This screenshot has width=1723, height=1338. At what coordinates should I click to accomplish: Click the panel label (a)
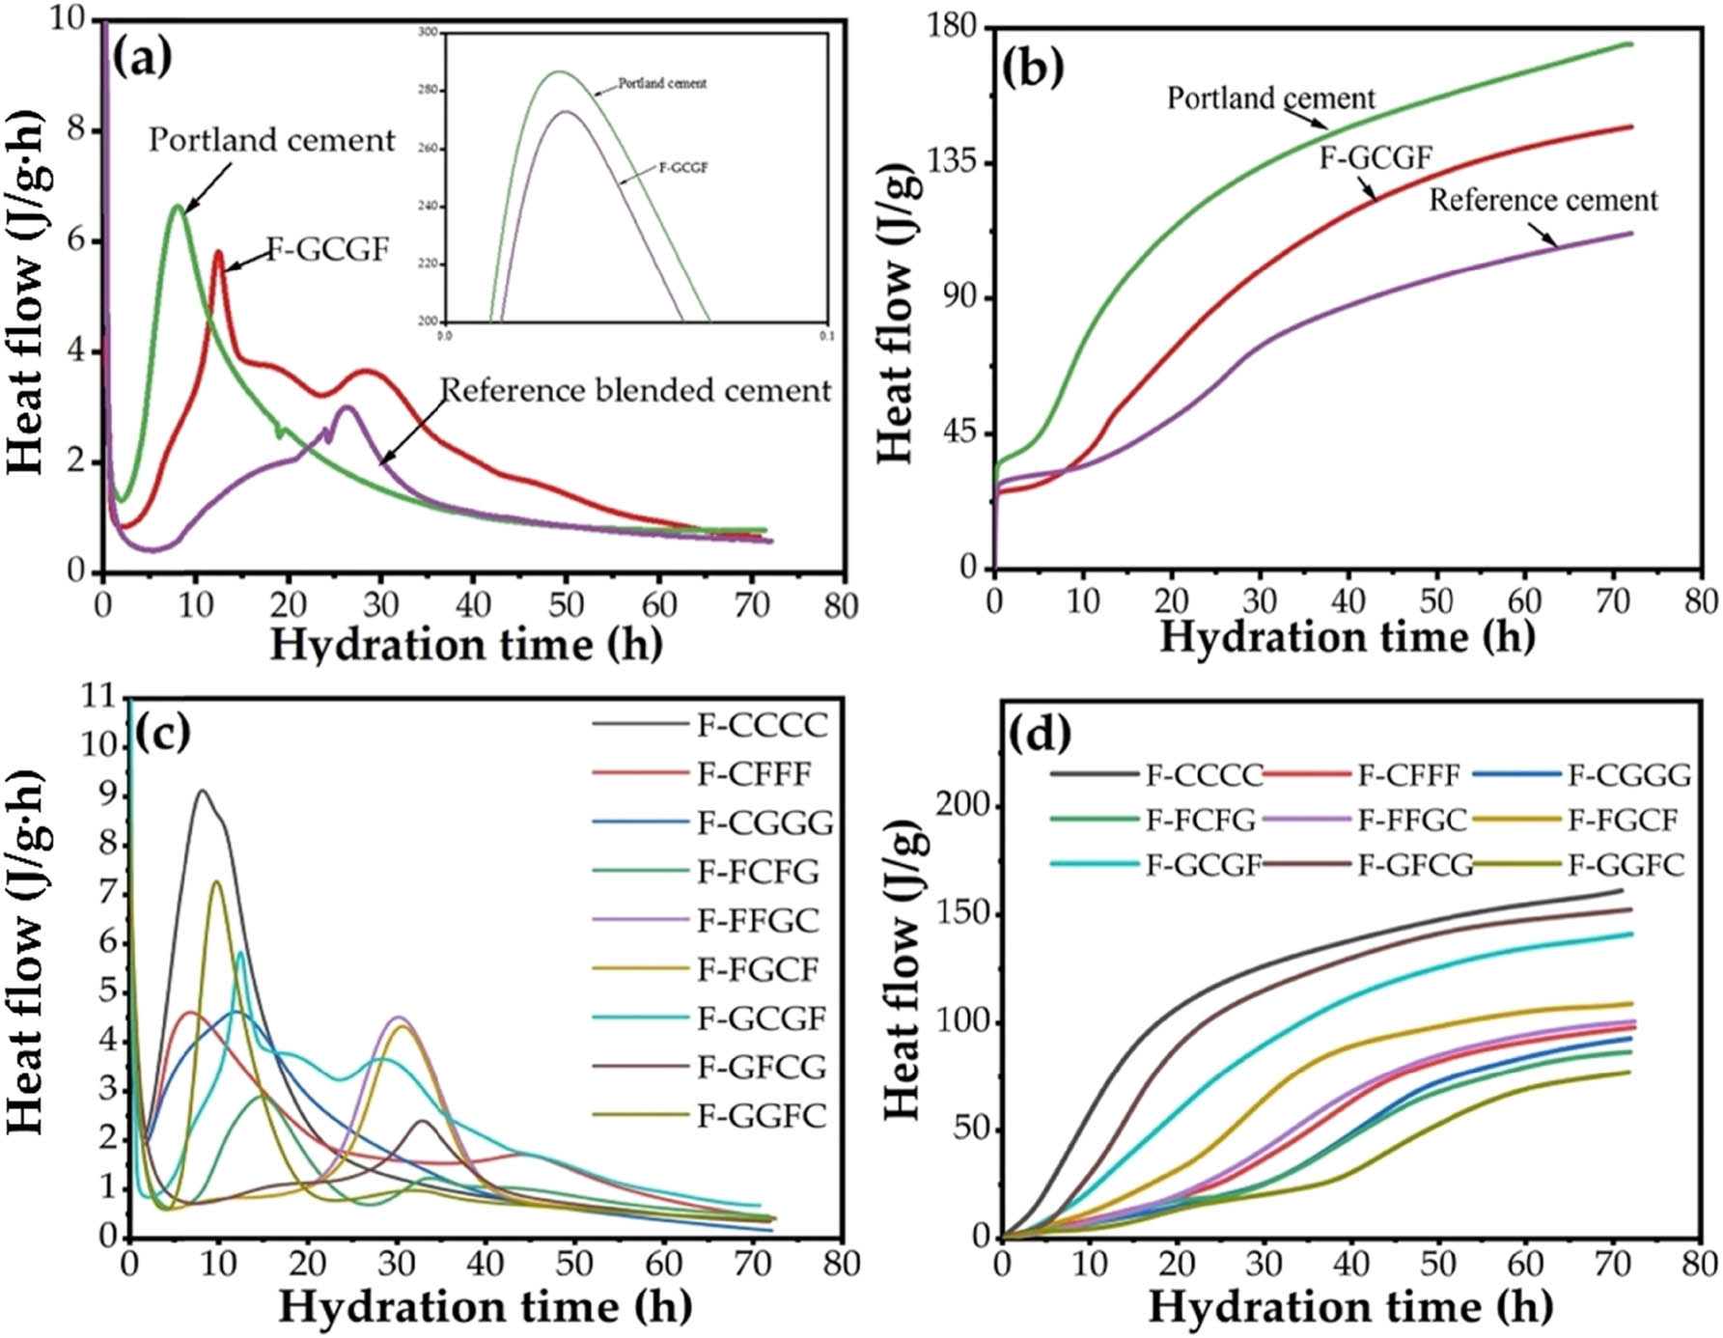point(142,60)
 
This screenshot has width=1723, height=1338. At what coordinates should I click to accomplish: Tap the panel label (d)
point(1039,735)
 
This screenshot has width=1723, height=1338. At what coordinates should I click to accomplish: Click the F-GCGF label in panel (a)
point(327,250)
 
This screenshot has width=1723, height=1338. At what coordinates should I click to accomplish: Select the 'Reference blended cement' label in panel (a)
point(635,390)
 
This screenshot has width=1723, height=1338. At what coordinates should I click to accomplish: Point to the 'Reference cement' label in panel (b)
point(1542,201)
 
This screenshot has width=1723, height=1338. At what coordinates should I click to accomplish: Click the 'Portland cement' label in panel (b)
point(1270,98)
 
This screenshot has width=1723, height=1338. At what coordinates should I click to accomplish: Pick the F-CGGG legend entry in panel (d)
point(1628,775)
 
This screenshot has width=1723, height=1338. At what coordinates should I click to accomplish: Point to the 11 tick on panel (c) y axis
point(99,696)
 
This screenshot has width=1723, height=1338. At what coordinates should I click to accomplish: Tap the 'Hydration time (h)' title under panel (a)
point(465,644)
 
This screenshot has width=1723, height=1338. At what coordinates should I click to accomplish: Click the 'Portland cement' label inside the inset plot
point(662,84)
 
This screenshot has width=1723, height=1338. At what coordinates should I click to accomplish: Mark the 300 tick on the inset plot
point(427,33)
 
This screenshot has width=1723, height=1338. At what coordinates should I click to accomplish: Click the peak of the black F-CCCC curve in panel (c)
point(203,791)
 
